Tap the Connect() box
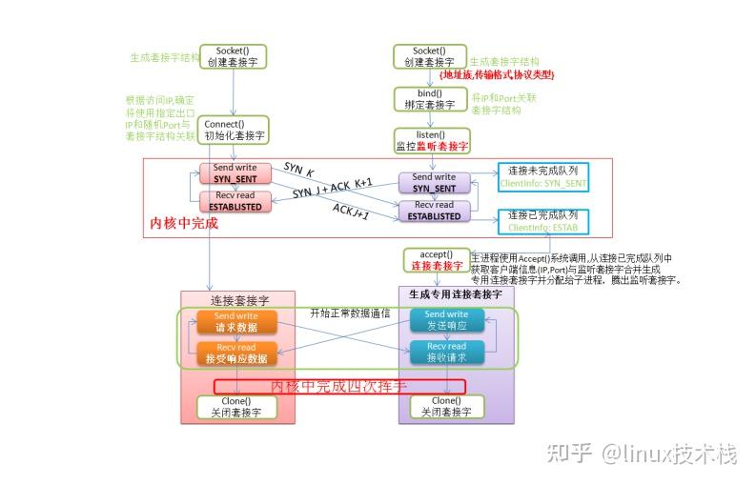coord(234,130)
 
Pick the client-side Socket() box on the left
coord(234,56)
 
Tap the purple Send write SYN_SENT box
coord(434,183)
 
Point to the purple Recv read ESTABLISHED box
coord(434,210)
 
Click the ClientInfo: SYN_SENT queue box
coord(542,176)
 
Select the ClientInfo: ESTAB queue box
coord(542,221)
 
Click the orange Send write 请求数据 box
coord(235,321)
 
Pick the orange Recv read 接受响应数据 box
coord(235,353)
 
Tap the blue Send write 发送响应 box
coord(445,320)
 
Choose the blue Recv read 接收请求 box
coord(445,353)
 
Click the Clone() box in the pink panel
coord(235,407)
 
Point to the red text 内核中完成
coord(184,224)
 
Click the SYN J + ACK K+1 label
coord(332,189)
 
